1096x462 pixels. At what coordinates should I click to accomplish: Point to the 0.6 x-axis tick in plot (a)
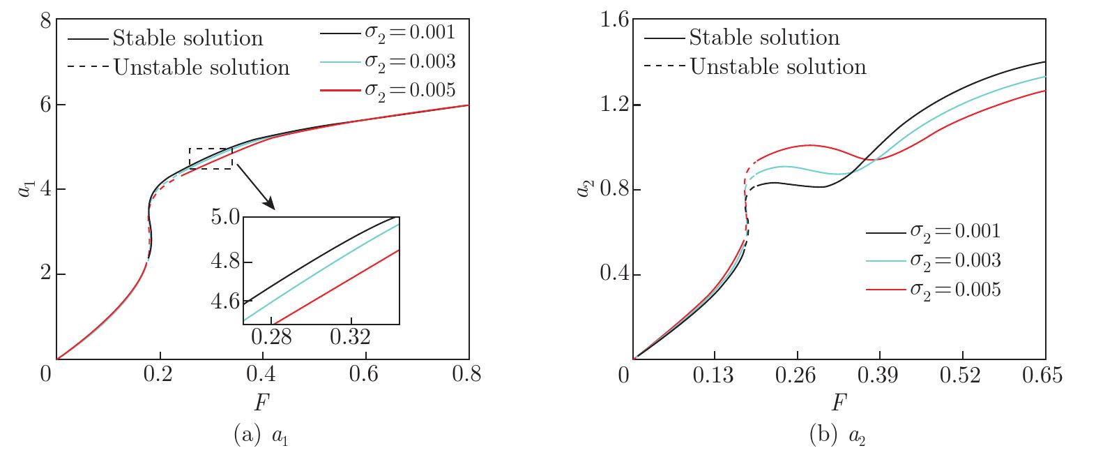pyautogui.click(x=365, y=375)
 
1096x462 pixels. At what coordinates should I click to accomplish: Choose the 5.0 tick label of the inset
pyautogui.click(x=224, y=218)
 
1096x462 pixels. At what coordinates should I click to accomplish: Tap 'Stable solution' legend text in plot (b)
pyautogui.click(x=764, y=37)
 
